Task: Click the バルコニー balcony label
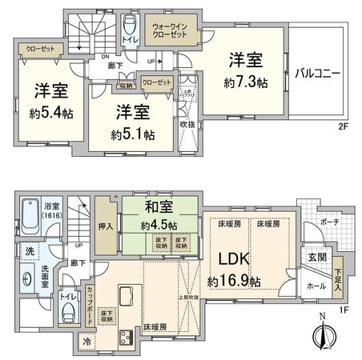[x=318, y=72]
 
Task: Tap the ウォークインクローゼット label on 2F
[x=171, y=31]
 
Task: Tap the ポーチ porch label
[x=328, y=222]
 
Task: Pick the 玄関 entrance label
[x=316, y=256]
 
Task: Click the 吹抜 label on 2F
[x=188, y=124]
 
